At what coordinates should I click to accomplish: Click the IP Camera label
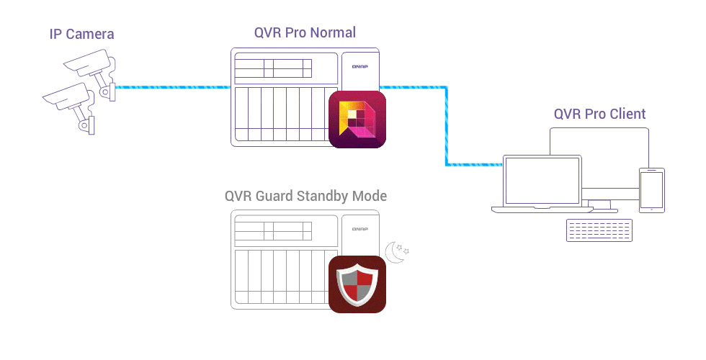pyautogui.click(x=81, y=34)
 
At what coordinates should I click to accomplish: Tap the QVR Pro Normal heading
pyautogui.click(x=305, y=32)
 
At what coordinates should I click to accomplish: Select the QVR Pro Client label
pyautogui.click(x=599, y=114)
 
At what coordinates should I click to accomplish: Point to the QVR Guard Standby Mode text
pyautogui.click(x=305, y=196)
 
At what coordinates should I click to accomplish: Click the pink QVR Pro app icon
pyautogui.click(x=357, y=120)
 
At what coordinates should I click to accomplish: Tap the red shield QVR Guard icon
pyautogui.click(x=357, y=284)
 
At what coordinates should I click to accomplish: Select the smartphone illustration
pyautogui.click(x=651, y=190)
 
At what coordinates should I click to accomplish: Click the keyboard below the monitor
pyautogui.click(x=599, y=230)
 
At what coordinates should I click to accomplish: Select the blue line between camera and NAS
pyautogui.click(x=173, y=88)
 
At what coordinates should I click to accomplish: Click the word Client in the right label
pyautogui.click(x=627, y=114)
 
